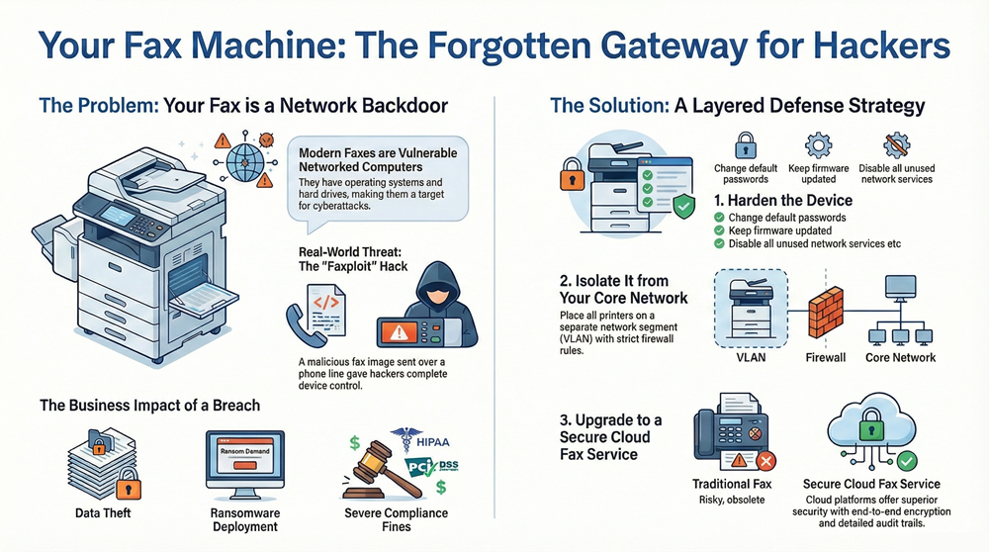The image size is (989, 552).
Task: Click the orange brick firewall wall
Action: [x=826, y=311]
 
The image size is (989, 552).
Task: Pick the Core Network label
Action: [x=901, y=357]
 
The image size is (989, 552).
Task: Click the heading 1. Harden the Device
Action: [x=783, y=200]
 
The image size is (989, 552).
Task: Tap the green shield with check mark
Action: [x=682, y=205]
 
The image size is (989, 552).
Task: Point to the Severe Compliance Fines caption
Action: [x=396, y=519]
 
